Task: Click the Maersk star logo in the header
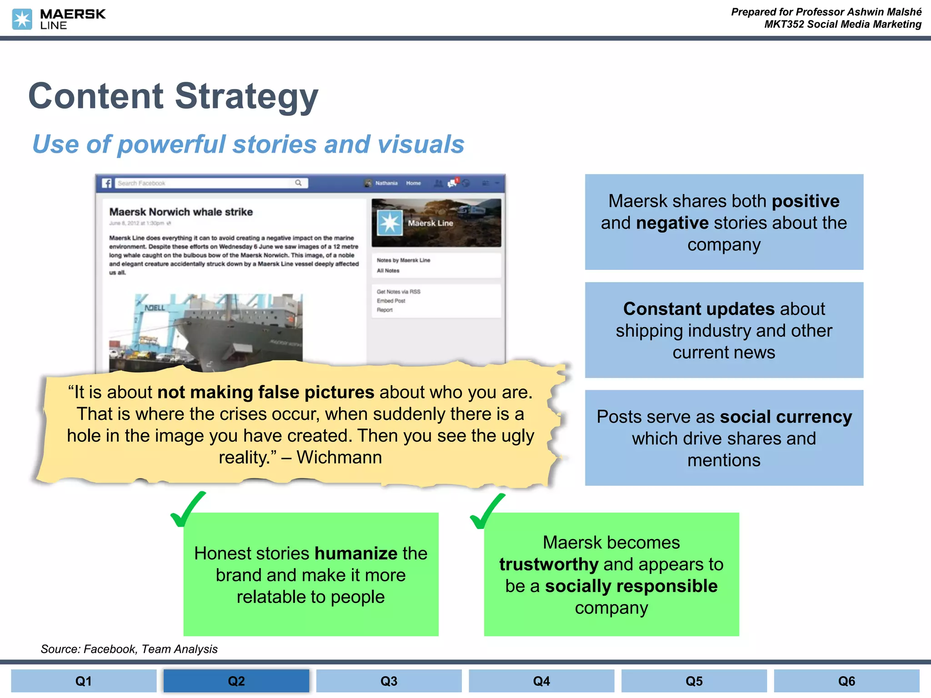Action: [x=22, y=19]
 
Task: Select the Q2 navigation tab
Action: [x=236, y=681]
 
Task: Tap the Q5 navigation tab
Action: [x=694, y=681]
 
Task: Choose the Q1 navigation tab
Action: [x=84, y=681]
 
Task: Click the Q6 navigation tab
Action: [x=846, y=681]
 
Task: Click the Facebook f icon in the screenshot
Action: [x=107, y=183]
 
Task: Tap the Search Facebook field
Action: [x=205, y=183]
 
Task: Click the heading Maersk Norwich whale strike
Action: [x=181, y=212]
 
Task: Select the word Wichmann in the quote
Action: [x=339, y=457]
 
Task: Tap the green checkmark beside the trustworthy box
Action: [x=487, y=511]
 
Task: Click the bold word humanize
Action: [x=356, y=553]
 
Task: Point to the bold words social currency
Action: [x=786, y=417]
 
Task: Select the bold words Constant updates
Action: [x=699, y=309]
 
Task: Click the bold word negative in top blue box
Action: [x=672, y=223]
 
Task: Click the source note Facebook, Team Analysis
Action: [x=150, y=649]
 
